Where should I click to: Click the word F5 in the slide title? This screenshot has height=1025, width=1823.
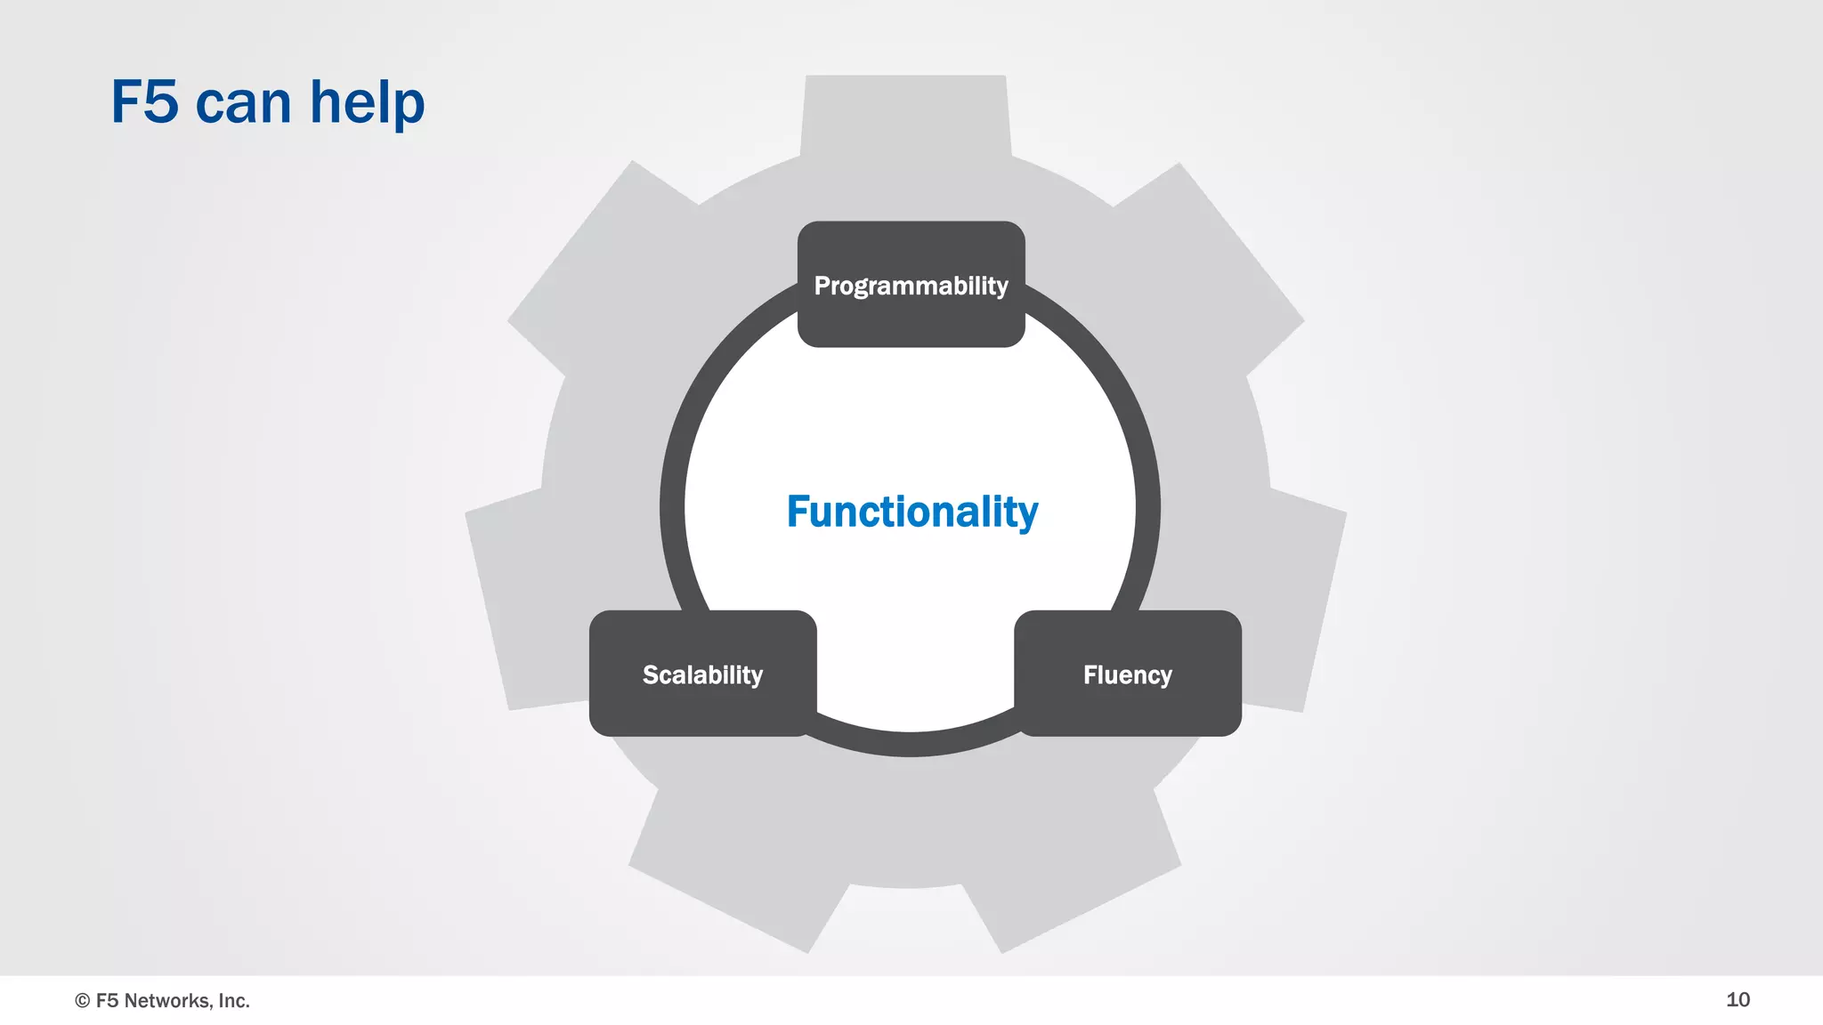144,102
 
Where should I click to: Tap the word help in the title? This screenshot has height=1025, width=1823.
367,104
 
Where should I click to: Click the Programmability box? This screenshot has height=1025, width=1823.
911,285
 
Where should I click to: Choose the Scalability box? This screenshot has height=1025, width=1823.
702,674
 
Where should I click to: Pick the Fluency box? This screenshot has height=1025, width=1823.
1127,674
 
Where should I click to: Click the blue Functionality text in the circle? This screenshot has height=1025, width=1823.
911,512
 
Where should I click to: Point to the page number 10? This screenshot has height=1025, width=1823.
1738,999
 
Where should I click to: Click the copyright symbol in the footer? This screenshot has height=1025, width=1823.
83,1001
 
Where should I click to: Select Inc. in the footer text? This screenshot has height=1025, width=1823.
234,1001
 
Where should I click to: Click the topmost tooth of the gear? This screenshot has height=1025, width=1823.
905,116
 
